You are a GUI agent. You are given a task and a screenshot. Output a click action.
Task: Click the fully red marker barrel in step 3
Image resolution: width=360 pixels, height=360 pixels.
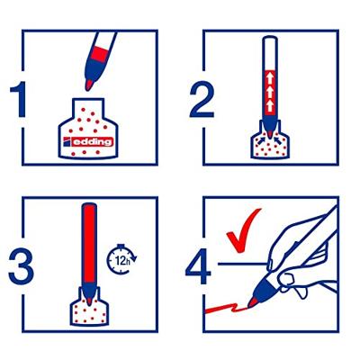click(x=88, y=243)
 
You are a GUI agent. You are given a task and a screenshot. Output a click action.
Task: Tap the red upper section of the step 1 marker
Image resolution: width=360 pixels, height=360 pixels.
click(x=105, y=45)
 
